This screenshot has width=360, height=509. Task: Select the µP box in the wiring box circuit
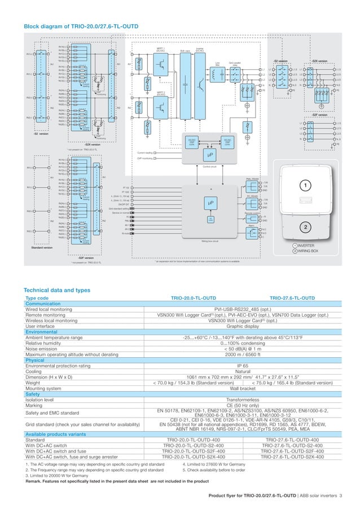tap(209, 204)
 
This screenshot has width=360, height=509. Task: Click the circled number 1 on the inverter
tap(305, 186)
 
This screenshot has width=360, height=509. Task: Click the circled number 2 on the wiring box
tap(305, 227)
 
